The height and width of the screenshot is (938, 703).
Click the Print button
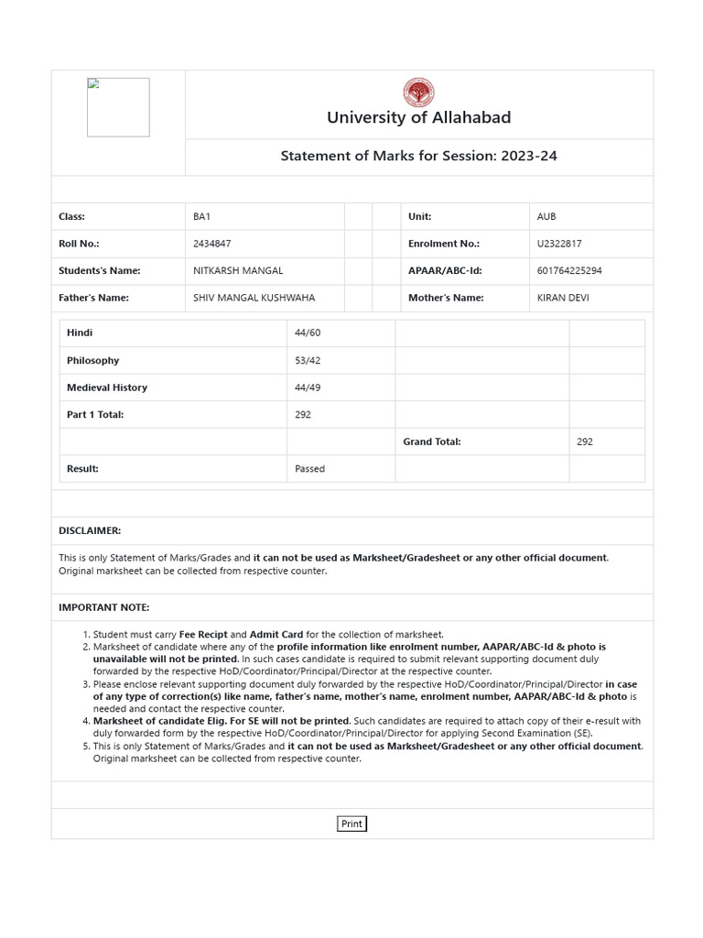(x=351, y=823)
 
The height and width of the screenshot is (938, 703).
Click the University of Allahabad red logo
(x=418, y=93)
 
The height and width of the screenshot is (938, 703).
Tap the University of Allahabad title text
(x=418, y=117)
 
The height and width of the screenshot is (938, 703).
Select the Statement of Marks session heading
(x=418, y=156)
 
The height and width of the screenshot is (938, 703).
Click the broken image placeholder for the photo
(x=118, y=107)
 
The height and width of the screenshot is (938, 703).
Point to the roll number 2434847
(x=211, y=244)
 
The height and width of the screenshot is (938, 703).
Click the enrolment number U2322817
(x=559, y=244)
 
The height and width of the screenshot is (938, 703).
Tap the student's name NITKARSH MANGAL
(x=238, y=270)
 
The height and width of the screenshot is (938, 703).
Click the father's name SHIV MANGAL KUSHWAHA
(x=254, y=298)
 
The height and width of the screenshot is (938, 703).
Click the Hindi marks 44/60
(x=307, y=333)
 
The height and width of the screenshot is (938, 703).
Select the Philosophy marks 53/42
(x=307, y=360)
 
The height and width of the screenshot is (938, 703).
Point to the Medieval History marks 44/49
(x=307, y=387)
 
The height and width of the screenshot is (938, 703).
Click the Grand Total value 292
(x=585, y=442)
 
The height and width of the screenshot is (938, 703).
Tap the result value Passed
(x=309, y=468)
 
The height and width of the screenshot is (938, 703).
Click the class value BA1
(x=201, y=216)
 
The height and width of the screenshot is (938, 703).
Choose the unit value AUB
(x=546, y=216)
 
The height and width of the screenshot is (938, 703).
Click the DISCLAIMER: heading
(x=90, y=530)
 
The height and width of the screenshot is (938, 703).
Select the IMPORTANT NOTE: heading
(x=103, y=607)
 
